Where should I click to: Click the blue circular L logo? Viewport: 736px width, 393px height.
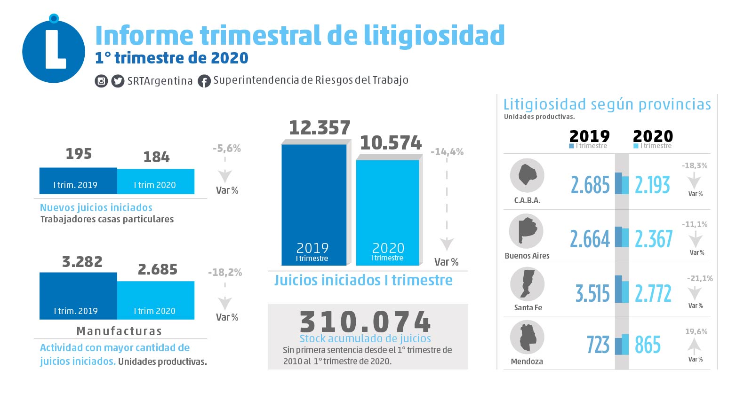tap(54, 51)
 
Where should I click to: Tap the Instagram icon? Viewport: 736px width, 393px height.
tap(101, 81)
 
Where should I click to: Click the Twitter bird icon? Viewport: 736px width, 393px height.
tap(118, 81)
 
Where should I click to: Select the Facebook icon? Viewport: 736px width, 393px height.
tap(204, 81)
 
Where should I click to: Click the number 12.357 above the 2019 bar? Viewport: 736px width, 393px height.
tap(320, 128)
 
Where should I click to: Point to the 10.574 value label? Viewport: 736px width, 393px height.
tap(391, 143)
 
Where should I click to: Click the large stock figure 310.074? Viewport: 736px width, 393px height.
tap(365, 322)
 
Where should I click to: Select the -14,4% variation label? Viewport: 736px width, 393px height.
tap(447, 152)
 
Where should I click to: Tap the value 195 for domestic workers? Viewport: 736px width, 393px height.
tap(79, 154)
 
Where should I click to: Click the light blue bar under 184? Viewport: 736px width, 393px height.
tap(155, 181)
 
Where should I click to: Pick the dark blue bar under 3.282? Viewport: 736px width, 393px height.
tap(78, 296)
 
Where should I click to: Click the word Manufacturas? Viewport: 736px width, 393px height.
tap(119, 331)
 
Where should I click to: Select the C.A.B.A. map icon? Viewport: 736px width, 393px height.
tap(527, 175)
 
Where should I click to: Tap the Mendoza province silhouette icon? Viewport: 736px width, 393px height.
tap(527, 338)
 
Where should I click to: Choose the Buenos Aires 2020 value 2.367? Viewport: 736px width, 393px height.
tap(654, 239)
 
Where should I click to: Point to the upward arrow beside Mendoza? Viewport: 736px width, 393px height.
tap(695, 346)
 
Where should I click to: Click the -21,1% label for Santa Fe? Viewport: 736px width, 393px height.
tap(700, 278)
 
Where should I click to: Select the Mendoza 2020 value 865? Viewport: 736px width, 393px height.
tap(648, 345)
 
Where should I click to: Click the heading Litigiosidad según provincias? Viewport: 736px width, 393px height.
tap(607, 104)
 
